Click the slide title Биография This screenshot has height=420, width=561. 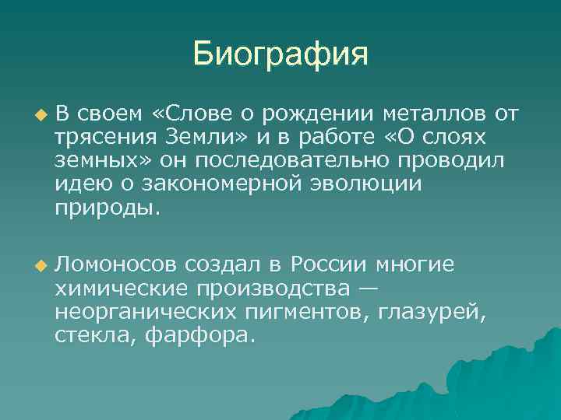(280, 54)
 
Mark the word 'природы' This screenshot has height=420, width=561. (105, 208)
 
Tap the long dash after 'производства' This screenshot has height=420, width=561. (368, 289)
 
